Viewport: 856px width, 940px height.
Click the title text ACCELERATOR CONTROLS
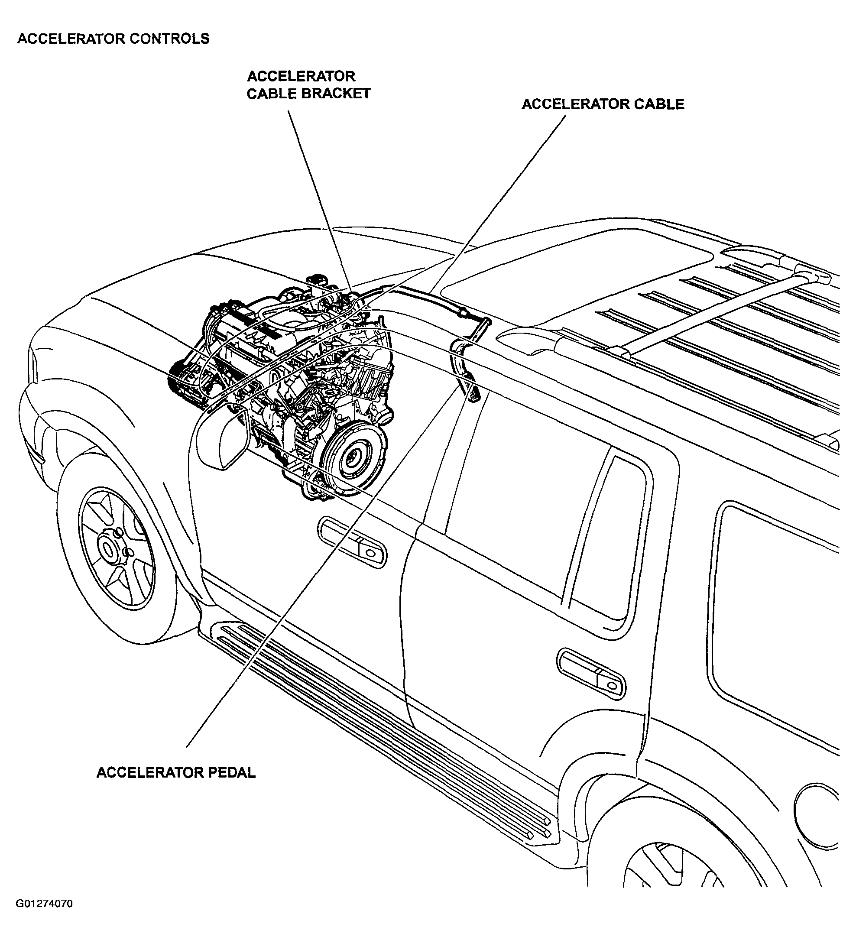pos(113,38)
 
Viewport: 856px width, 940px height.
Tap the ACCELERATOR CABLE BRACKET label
pos(308,85)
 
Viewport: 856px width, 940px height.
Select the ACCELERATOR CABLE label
pos(603,104)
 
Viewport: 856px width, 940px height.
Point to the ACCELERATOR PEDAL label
pos(176,773)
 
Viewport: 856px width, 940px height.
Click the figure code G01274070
pos(44,904)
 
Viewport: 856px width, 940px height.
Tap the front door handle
pos(353,544)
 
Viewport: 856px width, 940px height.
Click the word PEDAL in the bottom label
pos(231,773)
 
